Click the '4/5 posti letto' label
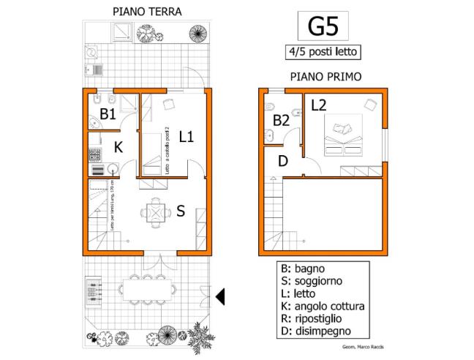[x=322, y=52]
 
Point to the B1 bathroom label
[x=108, y=113]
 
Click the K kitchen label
[x=118, y=147]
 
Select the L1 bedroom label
[x=186, y=136]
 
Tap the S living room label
[x=180, y=211]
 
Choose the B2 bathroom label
[x=282, y=120]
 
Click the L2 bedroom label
[x=318, y=105]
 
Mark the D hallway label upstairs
[x=283, y=160]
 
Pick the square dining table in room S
[x=154, y=213]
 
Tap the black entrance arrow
[x=220, y=296]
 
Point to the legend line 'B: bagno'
[x=304, y=268]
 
